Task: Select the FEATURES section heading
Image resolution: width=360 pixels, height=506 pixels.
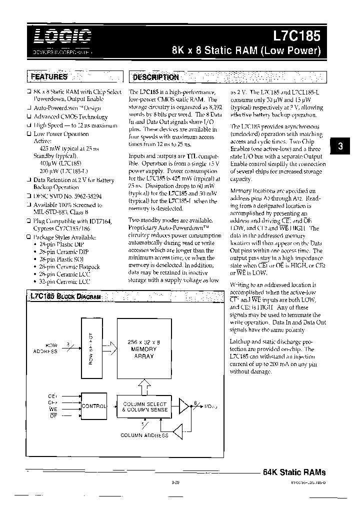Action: click(x=48, y=77)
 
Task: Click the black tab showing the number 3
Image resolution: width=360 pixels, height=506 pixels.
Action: click(x=340, y=147)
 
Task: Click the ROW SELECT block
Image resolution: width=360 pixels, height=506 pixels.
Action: click(x=90, y=348)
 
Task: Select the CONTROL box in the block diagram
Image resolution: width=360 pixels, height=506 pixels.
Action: click(x=93, y=406)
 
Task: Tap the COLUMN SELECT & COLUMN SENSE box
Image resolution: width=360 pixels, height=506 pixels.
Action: click(x=144, y=406)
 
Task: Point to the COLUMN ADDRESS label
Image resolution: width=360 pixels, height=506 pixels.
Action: click(x=144, y=435)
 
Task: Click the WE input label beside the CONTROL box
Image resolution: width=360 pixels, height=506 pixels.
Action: click(x=53, y=409)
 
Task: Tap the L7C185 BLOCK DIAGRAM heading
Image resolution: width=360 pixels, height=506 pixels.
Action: click(x=65, y=296)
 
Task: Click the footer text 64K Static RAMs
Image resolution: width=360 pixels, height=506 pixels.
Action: click(x=293, y=472)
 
